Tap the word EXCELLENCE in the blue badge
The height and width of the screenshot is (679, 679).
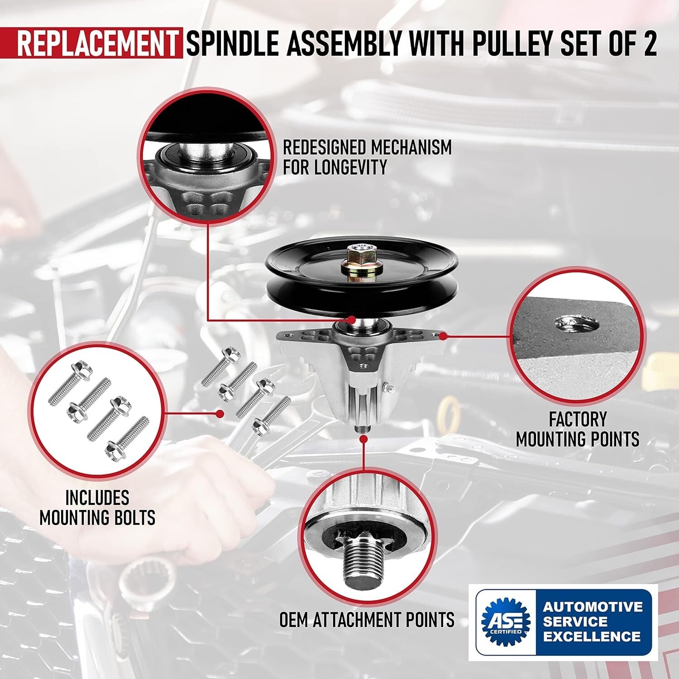(592, 636)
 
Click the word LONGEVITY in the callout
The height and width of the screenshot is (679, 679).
(335, 167)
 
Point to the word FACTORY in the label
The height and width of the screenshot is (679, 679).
(577, 419)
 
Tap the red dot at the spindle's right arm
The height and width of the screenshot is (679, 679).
(444, 336)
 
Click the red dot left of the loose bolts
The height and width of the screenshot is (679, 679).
(220, 413)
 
